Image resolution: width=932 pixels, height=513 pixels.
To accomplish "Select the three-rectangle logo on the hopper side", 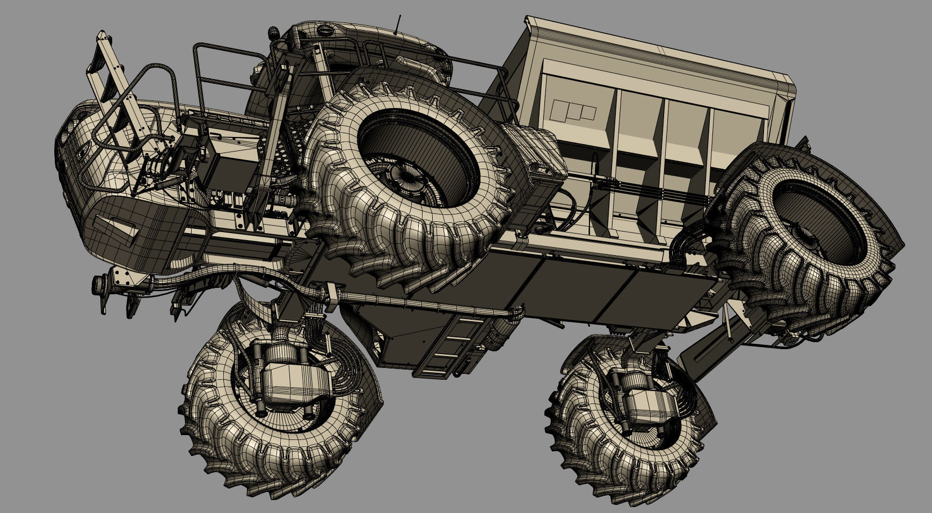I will click(573, 110).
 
